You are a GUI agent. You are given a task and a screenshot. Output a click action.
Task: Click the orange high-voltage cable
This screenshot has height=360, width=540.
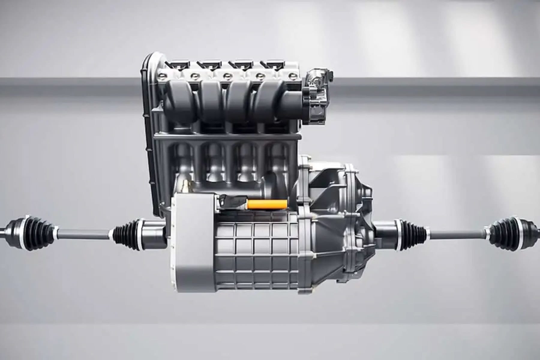(x=266, y=204)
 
